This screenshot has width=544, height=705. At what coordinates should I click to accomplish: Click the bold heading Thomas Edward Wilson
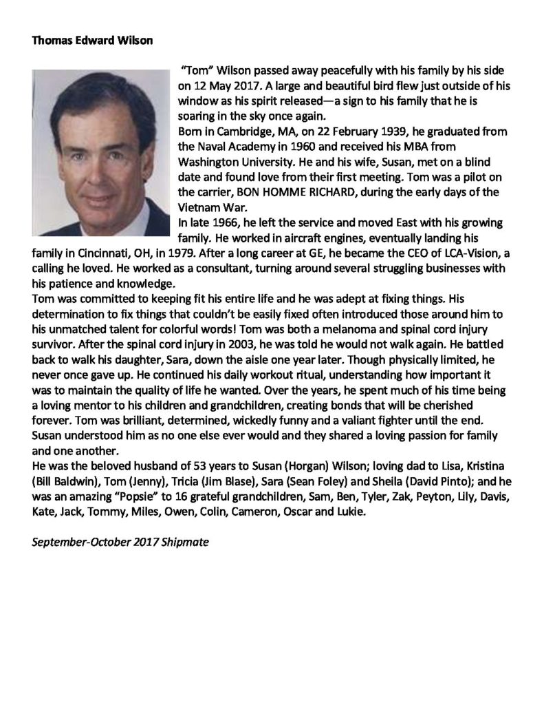point(92,40)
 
